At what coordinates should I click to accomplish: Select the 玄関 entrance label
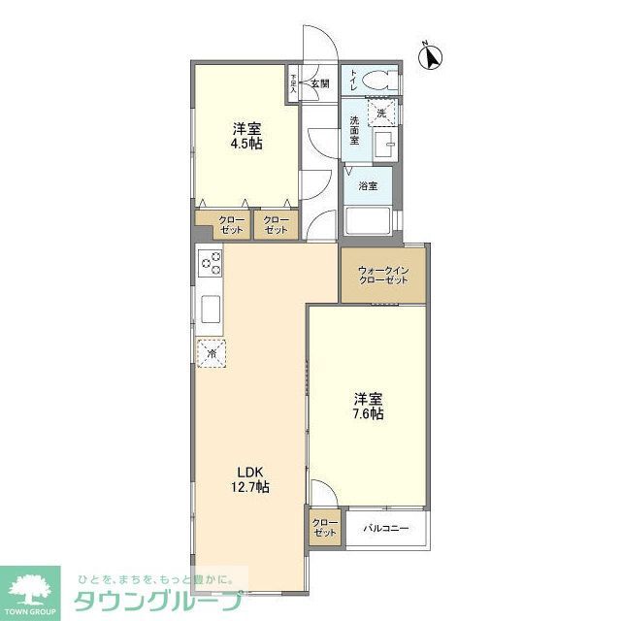(x=319, y=83)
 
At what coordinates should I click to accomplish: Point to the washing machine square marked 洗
(x=381, y=114)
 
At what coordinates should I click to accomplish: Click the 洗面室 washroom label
(x=355, y=130)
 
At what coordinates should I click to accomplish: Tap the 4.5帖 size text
(x=246, y=144)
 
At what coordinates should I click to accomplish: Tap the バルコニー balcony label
(x=386, y=529)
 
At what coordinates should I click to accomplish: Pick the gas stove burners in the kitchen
(x=211, y=263)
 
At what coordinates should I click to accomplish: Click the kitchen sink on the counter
(x=211, y=310)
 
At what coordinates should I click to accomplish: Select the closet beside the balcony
(x=325, y=529)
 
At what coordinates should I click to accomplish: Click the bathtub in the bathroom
(x=369, y=222)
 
